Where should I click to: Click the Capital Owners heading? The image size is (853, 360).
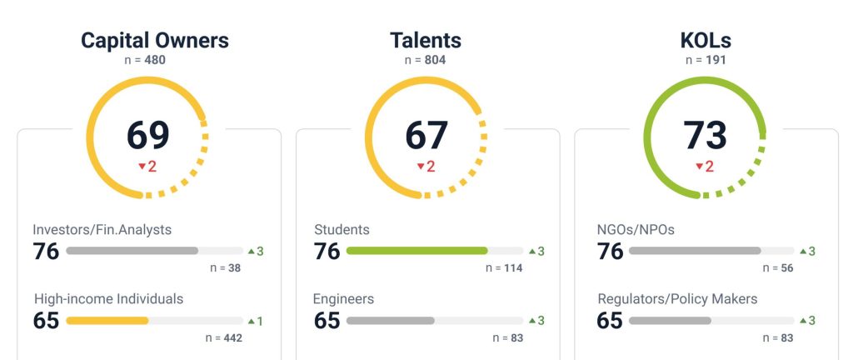tap(154, 40)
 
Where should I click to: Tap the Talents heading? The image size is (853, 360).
tap(425, 40)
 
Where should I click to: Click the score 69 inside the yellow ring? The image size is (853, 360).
tap(147, 135)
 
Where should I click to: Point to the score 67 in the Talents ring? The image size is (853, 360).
tap(426, 135)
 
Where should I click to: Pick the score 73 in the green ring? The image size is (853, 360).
tap(706, 135)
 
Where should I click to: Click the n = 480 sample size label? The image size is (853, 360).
tap(154, 60)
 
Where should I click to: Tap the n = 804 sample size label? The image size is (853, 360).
tap(426, 60)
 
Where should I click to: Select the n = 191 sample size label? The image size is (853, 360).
tap(705, 60)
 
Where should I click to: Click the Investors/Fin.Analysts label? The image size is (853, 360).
tap(102, 229)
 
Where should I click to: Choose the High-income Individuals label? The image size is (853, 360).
tap(108, 298)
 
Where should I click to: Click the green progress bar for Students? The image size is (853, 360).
tap(417, 250)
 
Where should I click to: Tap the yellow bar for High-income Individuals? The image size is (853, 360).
tap(107, 320)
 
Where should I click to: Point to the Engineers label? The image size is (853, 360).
tap(343, 298)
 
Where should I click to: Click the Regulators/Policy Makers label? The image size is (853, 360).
tap(677, 298)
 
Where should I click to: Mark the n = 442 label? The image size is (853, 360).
tap(224, 337)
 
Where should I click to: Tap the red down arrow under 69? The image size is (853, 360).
tap(142, 167)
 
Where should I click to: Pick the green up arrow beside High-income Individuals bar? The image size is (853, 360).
tap(251, 320)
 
